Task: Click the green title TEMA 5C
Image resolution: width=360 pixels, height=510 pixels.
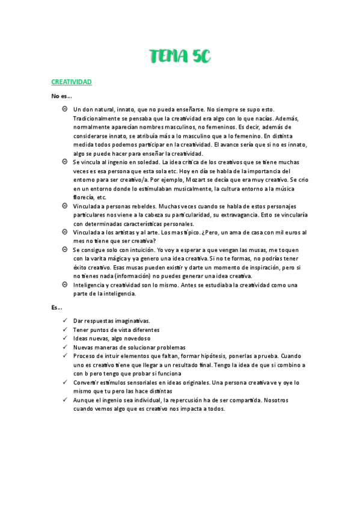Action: (x=180, y=57)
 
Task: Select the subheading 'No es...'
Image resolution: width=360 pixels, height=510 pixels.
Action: (x=61, y=96)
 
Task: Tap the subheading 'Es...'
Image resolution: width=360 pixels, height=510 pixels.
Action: (x=57, y=307)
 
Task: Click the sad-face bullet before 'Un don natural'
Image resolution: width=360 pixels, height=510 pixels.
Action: (x=64, y=109)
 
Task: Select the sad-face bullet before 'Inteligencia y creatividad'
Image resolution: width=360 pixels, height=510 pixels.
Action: (x=64, y=284)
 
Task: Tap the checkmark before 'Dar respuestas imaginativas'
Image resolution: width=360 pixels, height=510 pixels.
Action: (x=64, y=321)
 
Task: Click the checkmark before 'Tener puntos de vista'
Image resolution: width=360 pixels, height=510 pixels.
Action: (x=64, y=330)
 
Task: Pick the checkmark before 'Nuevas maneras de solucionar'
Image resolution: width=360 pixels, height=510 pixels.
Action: (x=64, y=347)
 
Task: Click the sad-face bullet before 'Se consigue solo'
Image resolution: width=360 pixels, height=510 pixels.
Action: (x=64, y=250)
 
